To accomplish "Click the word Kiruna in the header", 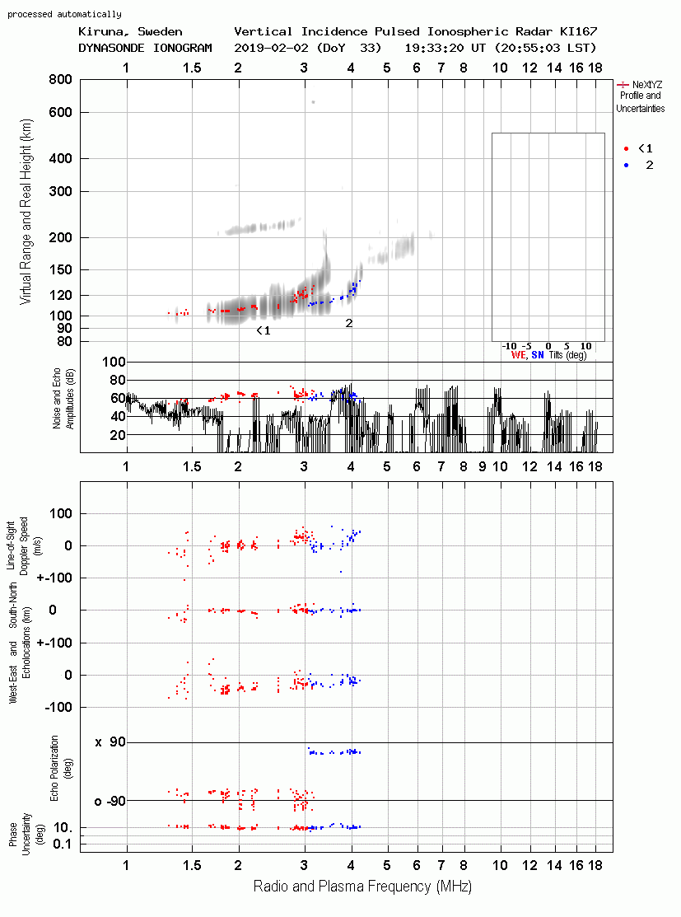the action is [x=100, y=32].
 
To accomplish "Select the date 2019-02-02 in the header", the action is [x=271, y=48].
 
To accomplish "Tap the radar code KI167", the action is [x=578, y=31].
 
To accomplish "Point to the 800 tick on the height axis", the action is [x=61, y=79].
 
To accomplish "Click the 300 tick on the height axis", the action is [x=61, y=191].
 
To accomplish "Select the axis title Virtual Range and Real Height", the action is [x=26, y=212].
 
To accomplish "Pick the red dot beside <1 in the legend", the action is [x=626, y=148].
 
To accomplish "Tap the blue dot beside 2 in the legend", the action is [x=626, y=166].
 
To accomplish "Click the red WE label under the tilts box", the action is [x=519, y=355].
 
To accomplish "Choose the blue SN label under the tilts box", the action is [x=537, y=355].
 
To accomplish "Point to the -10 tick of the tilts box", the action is [x=510, y=346].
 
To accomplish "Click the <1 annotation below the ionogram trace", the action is [x=264, y=331].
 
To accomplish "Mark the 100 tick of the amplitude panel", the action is [x=114, y=362].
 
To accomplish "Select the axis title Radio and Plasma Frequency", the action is [x=362, y=887].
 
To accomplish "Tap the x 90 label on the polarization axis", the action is [x=110, y=742].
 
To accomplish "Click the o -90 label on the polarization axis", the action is [x=110, y=801].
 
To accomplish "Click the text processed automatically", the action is [x=65, y=14].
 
